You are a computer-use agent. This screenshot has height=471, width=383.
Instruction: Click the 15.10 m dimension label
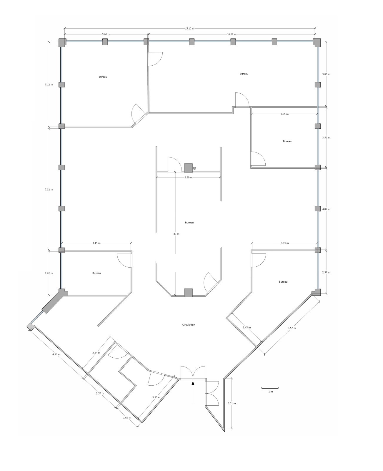(x=189, y=29)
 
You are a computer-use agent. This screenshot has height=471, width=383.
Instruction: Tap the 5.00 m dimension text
(x=106, y=34)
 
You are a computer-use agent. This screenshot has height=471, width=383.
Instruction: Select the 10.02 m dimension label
(x=232, y=34)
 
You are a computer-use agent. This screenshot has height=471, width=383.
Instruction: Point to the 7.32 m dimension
(x=49, y=190)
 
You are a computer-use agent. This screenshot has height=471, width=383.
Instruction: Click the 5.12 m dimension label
(x=49, y=84)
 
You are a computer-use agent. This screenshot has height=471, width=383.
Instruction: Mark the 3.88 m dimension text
(x=326, y=74)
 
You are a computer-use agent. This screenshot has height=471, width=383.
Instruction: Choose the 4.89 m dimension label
(x=326, y=209)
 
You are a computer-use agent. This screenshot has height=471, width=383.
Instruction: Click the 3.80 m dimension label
(x=188, y=177)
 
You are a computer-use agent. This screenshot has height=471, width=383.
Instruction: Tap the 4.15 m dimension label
(x=96, y=243)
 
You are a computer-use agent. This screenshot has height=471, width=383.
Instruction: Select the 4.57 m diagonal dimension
(x=292, y=328)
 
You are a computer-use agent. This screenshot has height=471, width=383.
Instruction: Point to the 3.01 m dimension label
(x=232, y=403)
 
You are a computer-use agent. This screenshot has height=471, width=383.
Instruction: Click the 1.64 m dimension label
(x=127, y=418)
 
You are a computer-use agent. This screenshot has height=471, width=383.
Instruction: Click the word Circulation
(x=189, y=325)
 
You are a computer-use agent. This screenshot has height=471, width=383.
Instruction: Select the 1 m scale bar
(x=270, y=388)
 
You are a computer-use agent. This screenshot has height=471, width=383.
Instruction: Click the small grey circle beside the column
(x=194, y=168)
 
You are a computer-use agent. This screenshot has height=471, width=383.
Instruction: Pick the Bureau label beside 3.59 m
(x=287, y=141)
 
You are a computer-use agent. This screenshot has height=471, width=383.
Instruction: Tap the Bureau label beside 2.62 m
(x=96, y=273)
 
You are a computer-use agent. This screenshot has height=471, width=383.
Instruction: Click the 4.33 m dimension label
(x=56, y=354)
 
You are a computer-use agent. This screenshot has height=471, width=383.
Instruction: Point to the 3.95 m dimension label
(x=284, y=114)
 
